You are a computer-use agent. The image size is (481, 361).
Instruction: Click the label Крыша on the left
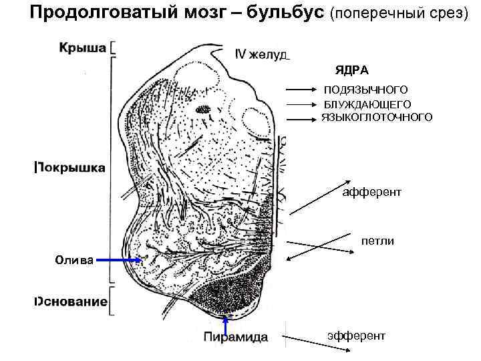[82, 47]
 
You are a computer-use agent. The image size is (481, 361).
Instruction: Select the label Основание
[70, 302]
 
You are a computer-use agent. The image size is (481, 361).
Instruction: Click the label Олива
[74, 259]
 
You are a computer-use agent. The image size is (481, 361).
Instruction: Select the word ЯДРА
[352, 70]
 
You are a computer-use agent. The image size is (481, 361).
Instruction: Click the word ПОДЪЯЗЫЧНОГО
[365, 90]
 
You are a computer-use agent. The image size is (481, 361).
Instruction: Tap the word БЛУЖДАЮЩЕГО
[367, 104]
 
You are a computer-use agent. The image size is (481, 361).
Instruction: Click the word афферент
[371, 193]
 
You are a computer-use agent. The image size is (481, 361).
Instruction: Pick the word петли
[377, 239]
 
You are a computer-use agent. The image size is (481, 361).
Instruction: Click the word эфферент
[356, 334]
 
